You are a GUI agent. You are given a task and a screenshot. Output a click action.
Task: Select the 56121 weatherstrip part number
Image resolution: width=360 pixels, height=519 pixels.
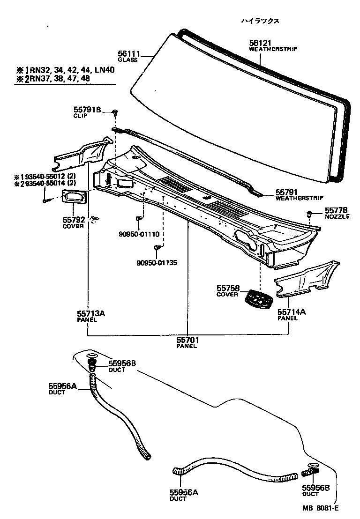click(x=260, y=43)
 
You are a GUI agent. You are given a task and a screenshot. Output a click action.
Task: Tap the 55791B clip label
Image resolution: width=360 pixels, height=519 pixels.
click(x=87, y=110)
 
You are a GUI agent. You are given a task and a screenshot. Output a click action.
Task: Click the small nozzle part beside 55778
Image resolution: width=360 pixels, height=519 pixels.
click(x=309, y=214)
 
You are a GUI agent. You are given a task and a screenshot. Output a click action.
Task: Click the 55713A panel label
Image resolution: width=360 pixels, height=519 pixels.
click(x=91, y=314)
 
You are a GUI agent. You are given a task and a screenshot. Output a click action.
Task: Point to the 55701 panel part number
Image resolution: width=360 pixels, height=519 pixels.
click(x=187, y=341)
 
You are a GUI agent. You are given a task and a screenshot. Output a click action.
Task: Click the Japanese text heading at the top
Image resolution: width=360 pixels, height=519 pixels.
click(x=260, y=21)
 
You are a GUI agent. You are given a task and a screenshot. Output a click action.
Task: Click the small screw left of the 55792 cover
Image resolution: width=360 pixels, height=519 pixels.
click(x=45, y=200)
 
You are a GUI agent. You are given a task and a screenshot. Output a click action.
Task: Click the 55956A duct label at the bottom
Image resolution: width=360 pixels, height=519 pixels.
click(x=184, y=492)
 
